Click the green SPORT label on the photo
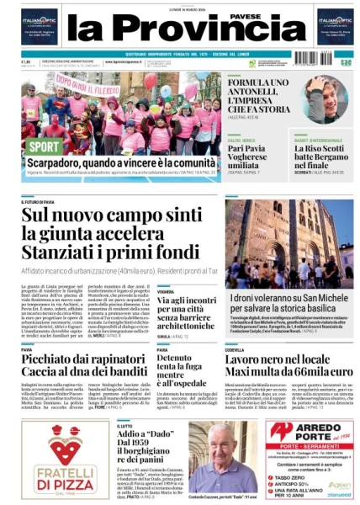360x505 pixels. coord(43,146)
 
